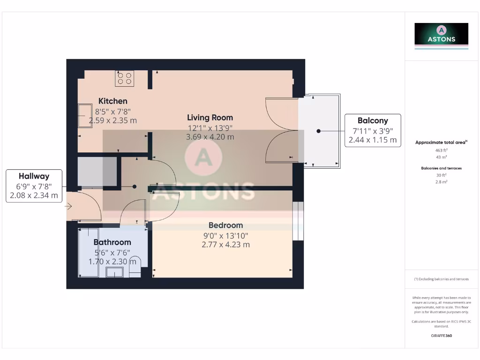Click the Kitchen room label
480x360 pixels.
click(112, 101)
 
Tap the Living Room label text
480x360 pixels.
click(210, 118)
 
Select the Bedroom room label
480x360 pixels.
click(225, 225)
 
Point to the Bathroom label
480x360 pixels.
click(112, 242)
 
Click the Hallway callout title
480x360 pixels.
click(34, 176)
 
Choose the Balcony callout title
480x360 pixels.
click(373, 120)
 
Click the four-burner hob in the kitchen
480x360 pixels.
click(125, 78)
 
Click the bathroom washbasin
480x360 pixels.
click(114, 272)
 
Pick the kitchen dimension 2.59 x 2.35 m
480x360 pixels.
click(112, 120)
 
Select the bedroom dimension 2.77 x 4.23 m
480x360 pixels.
click(225, 245)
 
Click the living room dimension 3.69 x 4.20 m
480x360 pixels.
click(210, 137)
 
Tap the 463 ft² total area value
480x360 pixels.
click(441, 150)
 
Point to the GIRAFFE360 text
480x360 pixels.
click(441, 336)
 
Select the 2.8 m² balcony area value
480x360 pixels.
click(441, 181)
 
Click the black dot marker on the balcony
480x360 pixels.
click(318, 131)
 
